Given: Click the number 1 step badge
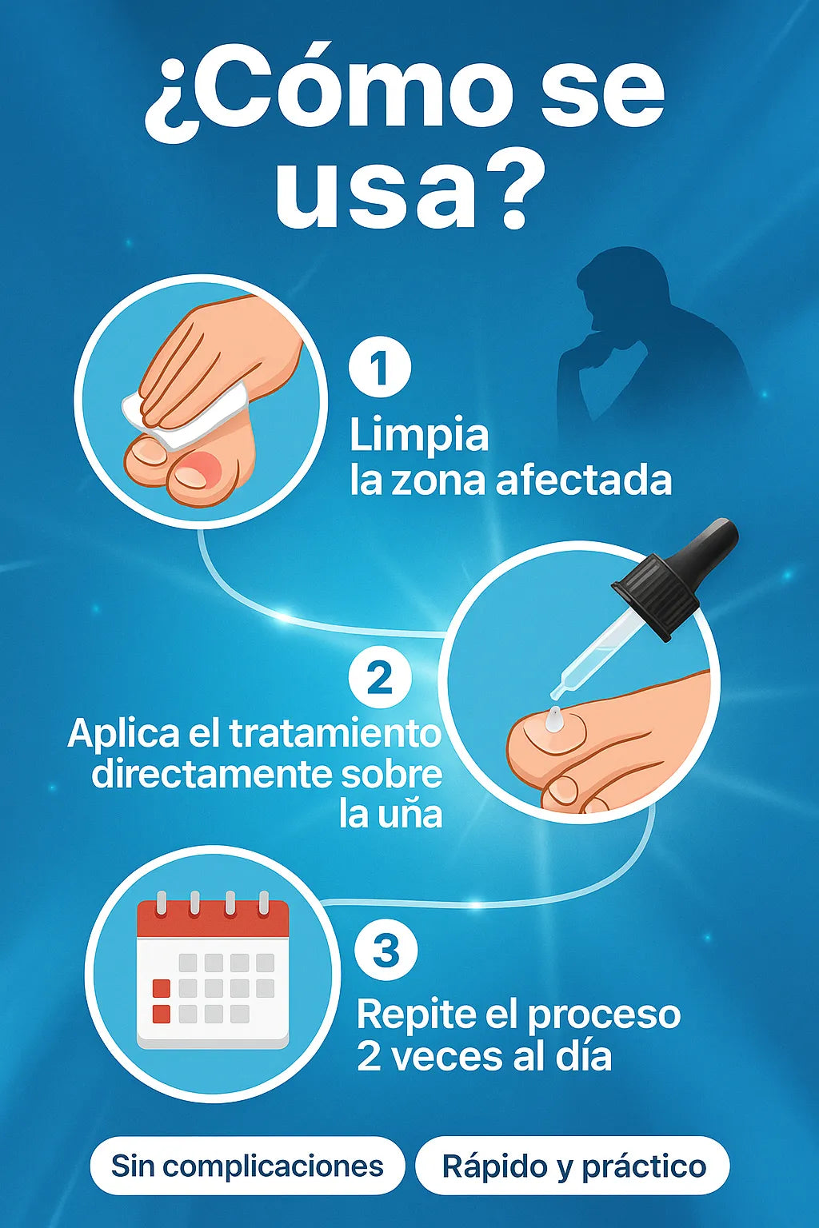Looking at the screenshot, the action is point(380,367).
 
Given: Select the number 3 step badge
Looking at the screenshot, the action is point(386,951).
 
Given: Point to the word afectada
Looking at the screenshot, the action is point(583,480).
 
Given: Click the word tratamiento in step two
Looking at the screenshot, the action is point(334,734).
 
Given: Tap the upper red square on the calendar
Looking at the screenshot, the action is point(162,988).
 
